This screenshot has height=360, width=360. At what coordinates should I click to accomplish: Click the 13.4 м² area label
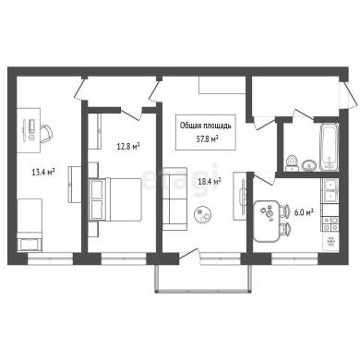pyautogui.click(x=43, y=172)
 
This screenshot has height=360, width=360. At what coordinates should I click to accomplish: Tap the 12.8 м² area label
pyautogui.click(x=128, y=146)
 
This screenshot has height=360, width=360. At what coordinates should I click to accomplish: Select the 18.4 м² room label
pyautogui.click(x=210, y=181)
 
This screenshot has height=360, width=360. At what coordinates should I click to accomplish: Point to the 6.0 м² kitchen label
pyautogui.click(x=304, y=212)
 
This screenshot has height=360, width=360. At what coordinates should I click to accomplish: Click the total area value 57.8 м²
pyautogui.click(x=208, y=138)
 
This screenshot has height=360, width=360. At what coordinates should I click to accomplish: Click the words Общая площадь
pyautogui.click(x=205, y=126)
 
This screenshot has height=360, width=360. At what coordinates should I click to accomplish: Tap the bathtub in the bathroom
pyautogui.click(x=330, y=147)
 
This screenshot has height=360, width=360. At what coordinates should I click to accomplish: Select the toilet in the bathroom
pyautogui.click(x=292, y=162)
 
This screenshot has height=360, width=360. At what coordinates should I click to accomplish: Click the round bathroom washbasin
pyautogui.click(x=308, y=165)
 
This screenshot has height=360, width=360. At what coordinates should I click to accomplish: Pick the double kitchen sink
pyautogui.click(x=330, y=190)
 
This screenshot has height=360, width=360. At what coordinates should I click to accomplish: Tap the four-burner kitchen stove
pyautogui.click(x=330, y=223)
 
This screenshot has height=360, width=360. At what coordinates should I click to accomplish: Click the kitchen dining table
pyautogui.click(x=267, y=221)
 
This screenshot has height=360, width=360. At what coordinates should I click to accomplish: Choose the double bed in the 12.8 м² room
pyautogui.click(x=114, y=199)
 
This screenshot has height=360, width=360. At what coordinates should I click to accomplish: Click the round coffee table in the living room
pyautogui.click(x=203, y=214)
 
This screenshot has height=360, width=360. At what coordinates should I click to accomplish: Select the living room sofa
pyautogui.click(x=174, y=198)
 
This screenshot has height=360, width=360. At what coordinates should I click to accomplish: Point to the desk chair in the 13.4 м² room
pyautogui.click(x=46, y=134)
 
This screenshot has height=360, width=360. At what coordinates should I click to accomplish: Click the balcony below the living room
pyautogui.click(x=202, y=278)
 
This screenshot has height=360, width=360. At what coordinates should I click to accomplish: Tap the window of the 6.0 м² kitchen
pyautogui.click(x=294, y=258)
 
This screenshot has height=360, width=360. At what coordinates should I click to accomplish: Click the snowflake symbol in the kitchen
pyautogui.click(x=331, y=241)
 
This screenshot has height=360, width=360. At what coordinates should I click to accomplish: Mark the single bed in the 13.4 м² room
pyautogui.click(x=30, y=225)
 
